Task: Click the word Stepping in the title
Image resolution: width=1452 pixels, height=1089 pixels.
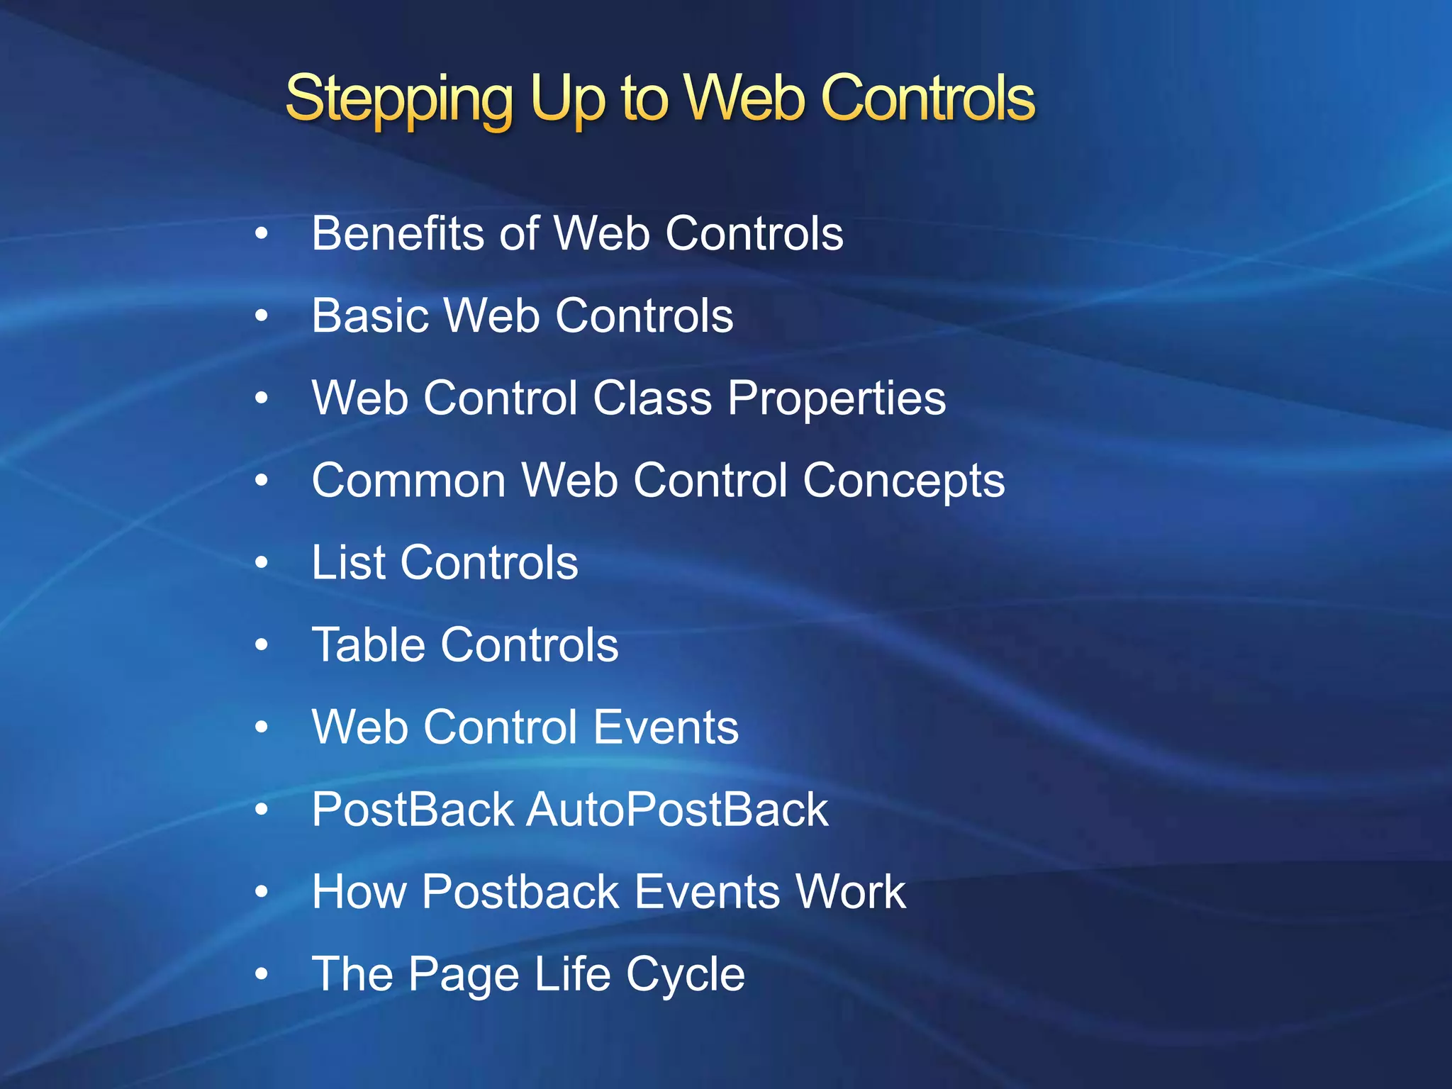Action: pos(398,99)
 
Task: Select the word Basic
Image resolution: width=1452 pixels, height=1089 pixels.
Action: pos(370,315)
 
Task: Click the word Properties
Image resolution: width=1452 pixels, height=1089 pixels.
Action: pos(837,399)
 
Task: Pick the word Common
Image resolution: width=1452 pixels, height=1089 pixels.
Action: pos(409,481)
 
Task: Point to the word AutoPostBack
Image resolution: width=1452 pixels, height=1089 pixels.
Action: pos(677,810)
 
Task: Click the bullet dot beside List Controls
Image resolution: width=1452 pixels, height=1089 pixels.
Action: pos(262,563)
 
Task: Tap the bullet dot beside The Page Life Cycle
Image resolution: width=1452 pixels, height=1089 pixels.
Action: pos(262,974)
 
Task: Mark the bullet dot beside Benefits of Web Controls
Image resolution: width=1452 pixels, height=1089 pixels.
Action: pos(262,233)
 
